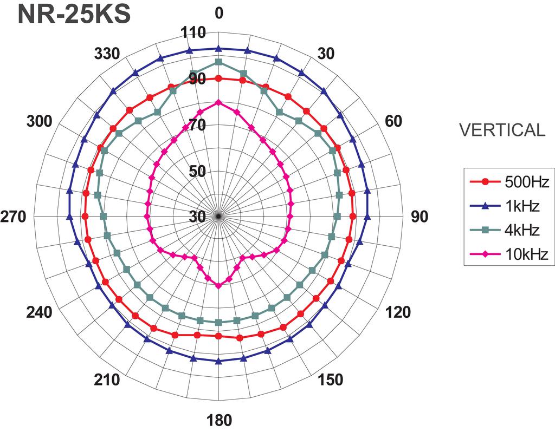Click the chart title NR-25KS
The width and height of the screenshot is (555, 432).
coord(74,15)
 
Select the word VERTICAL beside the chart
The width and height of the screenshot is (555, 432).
coord(502,130)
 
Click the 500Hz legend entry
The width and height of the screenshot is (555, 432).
coord(509,182)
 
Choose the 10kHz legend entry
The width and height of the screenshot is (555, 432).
coord(509,254)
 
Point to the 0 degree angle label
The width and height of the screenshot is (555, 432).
coord(219,13)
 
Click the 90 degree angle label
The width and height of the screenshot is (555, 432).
coord(420,217)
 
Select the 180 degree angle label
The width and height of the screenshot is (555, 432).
coord(219,420)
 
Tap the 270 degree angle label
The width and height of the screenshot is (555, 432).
coord(13,217)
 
